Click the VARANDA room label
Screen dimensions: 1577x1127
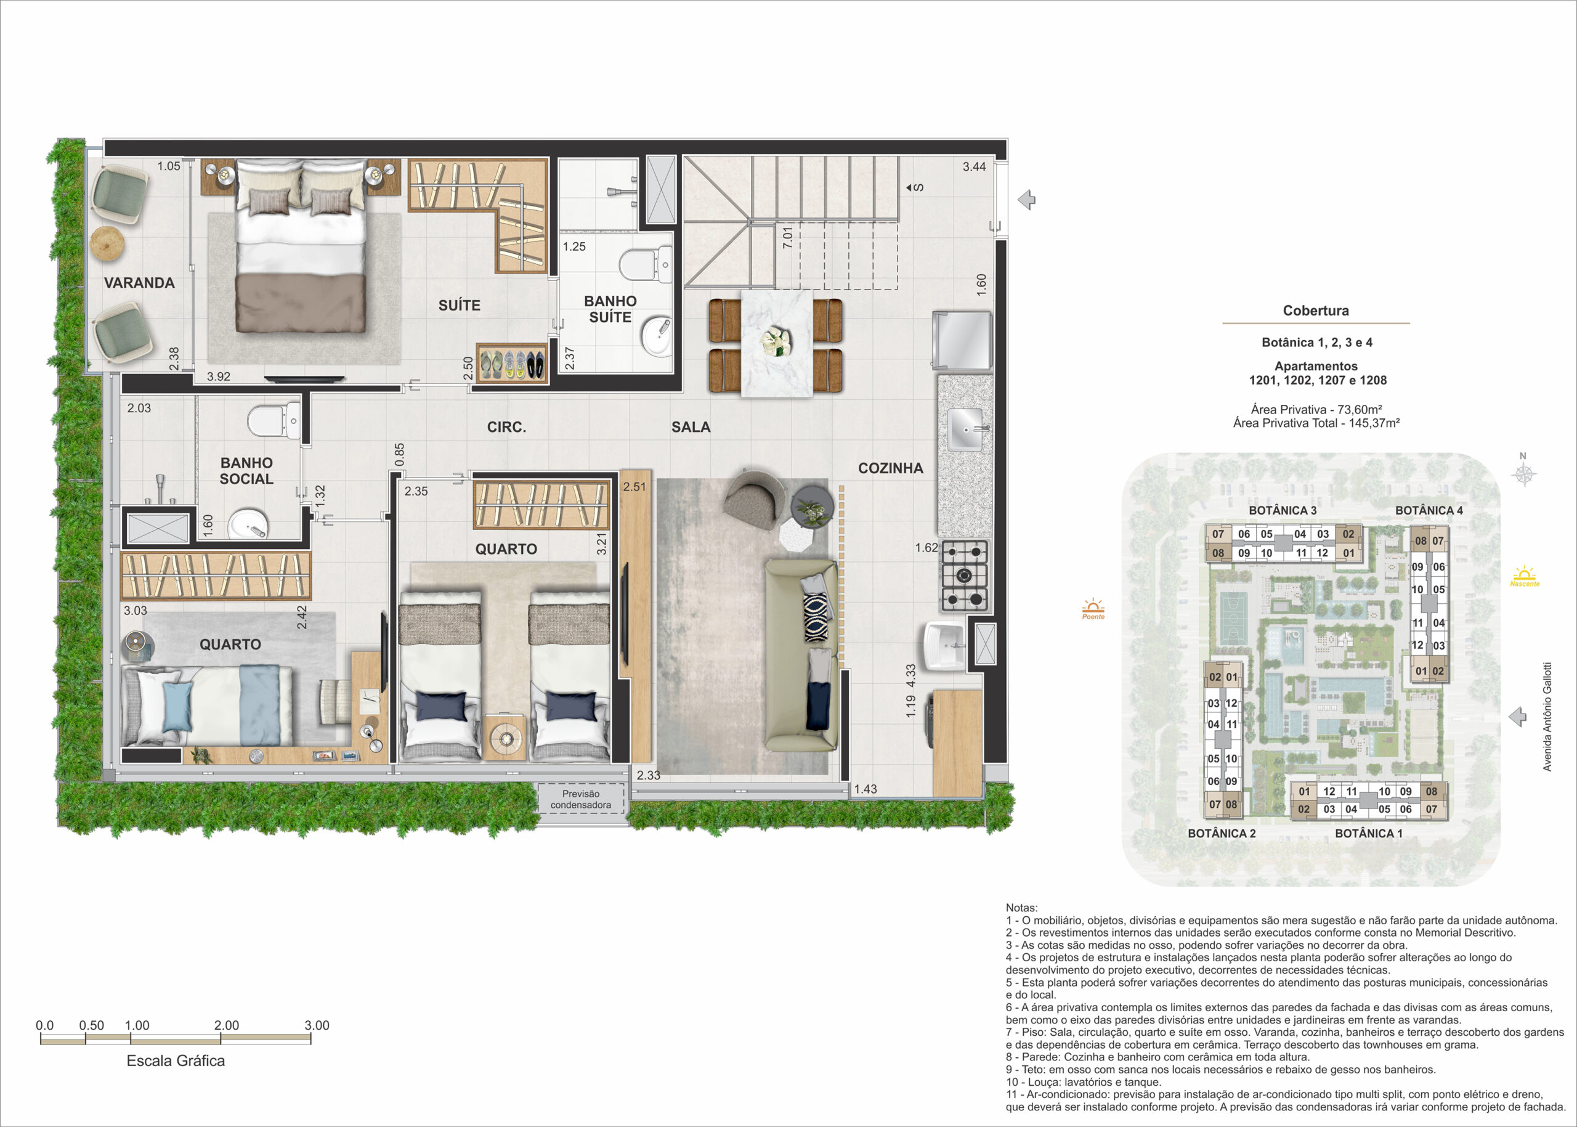point(139,282)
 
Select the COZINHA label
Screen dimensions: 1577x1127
point(890,468)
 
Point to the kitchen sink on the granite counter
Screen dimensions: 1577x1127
point(965,429)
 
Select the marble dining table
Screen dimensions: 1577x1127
point(776,343)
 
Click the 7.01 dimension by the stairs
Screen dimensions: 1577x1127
point(787,238)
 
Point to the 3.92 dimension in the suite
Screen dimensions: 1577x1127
point(219,377)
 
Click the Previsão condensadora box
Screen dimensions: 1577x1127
point(581,799)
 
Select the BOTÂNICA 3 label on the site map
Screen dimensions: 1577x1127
point(1282,511)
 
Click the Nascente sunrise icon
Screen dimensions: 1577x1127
point(1524,577)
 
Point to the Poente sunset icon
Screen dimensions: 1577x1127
point(1093,609)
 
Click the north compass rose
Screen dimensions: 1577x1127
point(1523,473)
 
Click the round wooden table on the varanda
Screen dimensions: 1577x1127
point(108,244)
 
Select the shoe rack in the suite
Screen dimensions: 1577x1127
point(511,363)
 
